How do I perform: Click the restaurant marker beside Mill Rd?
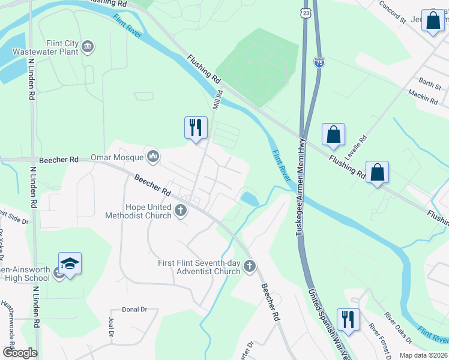coord(196,128)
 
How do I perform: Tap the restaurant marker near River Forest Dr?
coord(348,320)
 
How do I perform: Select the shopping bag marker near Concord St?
coord(432,21)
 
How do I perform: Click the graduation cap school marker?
coord(70,264)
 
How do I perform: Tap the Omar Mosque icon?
coord(154,157)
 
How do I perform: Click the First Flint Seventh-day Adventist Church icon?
coord(250,266)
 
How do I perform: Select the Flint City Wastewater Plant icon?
coord(88,47)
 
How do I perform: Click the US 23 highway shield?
coord(306,12)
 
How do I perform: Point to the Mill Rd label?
coord(217,100)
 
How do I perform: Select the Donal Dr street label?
coord(134,310)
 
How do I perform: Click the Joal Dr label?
coord(111,326)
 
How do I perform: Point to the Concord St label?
coord(394,11)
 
